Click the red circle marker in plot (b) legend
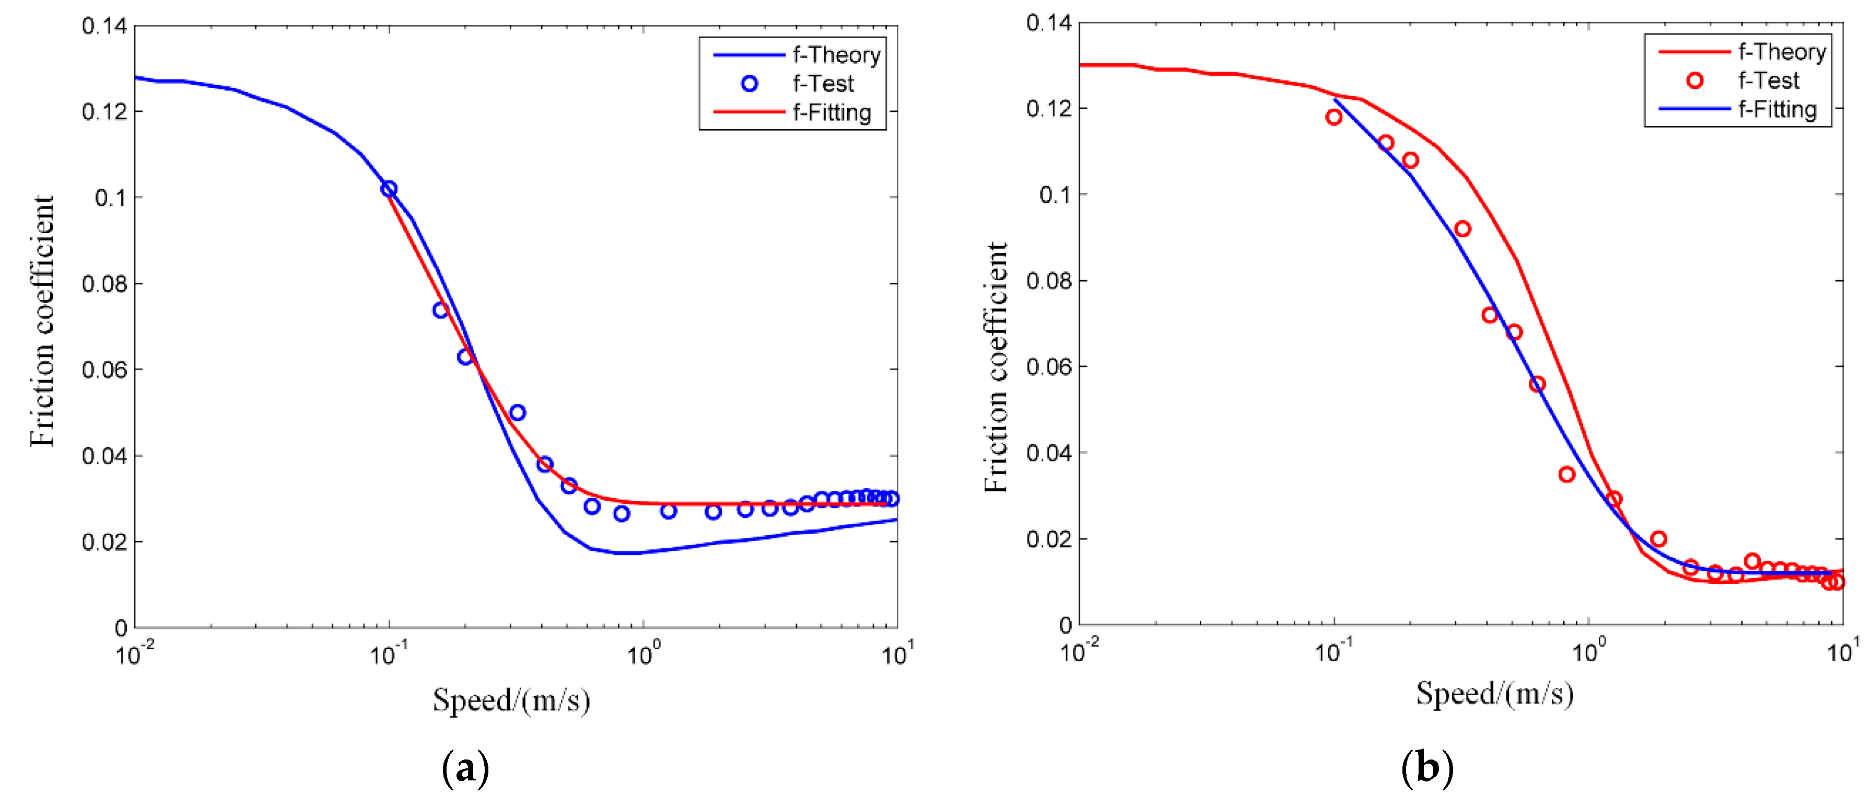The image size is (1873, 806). (1694, 80)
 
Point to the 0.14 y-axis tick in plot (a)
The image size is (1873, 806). (104, 26)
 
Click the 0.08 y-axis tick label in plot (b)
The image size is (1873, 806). (1048, 281)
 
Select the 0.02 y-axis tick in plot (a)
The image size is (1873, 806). (104, 542)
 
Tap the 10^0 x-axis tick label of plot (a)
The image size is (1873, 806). (641, 655)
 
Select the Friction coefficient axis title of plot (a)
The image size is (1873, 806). (42, 321)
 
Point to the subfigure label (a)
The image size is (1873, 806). (465, 768)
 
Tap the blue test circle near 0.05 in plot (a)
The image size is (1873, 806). (517, 413)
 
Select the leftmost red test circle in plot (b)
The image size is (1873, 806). (1333, 117)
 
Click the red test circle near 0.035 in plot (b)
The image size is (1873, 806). (1567, 474)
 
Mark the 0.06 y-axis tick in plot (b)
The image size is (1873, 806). (1048, 366)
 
